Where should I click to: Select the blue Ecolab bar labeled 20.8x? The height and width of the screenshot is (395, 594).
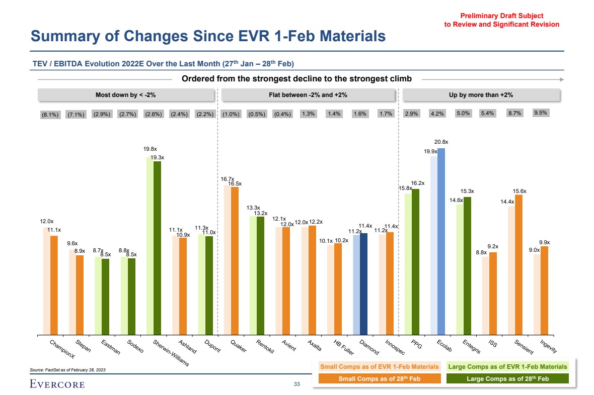point(441,241)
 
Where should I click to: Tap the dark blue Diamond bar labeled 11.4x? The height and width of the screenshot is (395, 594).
point(363,284)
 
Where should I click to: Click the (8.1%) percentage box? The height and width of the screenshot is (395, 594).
point(50,114)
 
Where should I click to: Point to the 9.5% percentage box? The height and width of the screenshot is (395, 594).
point(541,113)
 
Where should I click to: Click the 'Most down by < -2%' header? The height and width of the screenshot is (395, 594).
point(126,95)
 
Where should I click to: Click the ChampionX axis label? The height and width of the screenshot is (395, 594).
point(62,349)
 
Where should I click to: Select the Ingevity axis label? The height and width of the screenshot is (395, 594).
point(548,347)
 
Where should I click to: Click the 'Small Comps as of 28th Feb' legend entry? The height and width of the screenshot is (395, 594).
point(380,378)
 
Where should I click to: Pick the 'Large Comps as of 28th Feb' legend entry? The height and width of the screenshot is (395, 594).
point(507,378)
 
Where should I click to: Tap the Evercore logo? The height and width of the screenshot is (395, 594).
point(57,384)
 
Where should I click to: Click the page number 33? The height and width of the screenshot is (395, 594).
point(296,384)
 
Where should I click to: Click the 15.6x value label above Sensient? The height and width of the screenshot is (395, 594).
point(519,191)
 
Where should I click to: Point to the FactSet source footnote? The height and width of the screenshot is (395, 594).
point(68,369)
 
